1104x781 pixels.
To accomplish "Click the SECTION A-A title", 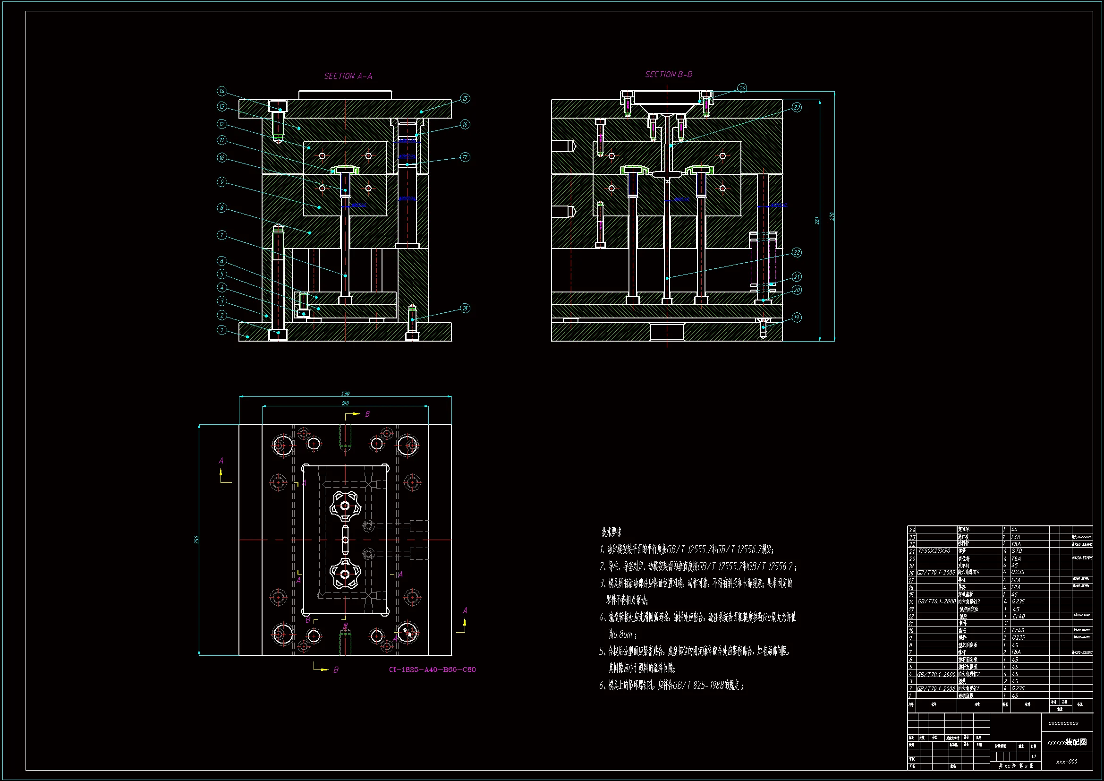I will (348, 76).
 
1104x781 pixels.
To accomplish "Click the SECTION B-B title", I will (668, 74).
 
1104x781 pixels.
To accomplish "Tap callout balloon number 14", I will (221, 91).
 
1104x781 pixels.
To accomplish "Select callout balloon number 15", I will (465, 99).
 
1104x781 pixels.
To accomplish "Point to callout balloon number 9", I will (221, 182).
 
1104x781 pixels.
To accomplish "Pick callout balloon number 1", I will (221, 330).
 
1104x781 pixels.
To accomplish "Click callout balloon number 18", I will (465, 309).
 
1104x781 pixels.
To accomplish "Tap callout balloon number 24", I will (742, 88).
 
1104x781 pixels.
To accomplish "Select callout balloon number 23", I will (797, 107).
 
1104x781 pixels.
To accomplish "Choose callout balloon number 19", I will (797, 318).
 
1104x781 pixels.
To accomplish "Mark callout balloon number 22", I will (797, 253).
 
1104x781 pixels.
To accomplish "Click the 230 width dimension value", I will (345, 394).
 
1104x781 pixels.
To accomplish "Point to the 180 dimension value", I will (345, 403).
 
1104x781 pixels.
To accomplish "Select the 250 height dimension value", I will (196, 540).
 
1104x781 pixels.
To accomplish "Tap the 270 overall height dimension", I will (832, 216).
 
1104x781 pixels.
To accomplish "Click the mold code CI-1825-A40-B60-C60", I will (432, 669).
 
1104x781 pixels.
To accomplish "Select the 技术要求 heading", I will (611, 532).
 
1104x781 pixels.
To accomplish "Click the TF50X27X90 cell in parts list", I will (934, 551).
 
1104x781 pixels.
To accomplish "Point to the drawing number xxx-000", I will (1067, 762).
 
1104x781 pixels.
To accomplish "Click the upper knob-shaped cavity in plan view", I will (345, 506).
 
